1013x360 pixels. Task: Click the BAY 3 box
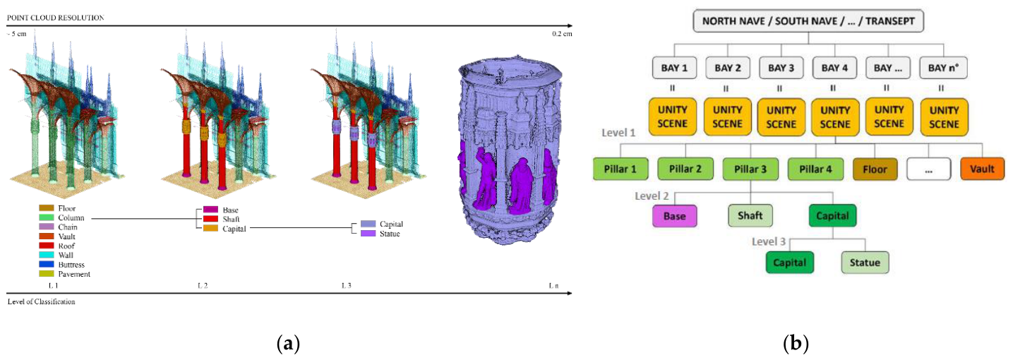point(781,68)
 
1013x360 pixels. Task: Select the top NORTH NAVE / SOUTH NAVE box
point(808,21)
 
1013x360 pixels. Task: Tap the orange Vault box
point(982,169)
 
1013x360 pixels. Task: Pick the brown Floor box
point(875,169)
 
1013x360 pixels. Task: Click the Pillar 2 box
point(685,169)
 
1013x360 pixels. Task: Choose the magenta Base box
point(674,216)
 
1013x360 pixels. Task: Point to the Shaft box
point(750,215)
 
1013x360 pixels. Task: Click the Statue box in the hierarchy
point(865,263)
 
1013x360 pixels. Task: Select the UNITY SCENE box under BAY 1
point(673,116)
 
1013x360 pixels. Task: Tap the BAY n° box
point(943,68)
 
